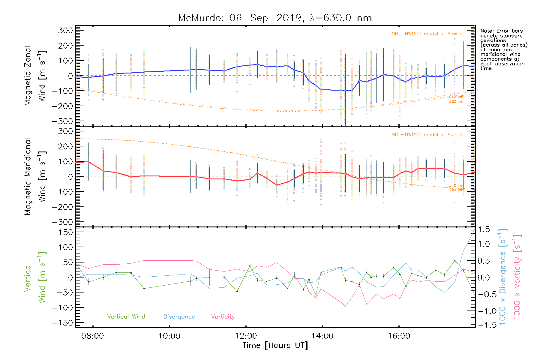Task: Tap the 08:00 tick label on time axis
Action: tap(93, 336)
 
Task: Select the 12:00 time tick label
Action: tap(246, 336)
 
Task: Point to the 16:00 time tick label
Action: tap(399, 336)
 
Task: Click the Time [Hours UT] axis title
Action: tap(275, 345)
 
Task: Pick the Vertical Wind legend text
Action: tap(126, 317)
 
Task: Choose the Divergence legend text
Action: tap(179, 317)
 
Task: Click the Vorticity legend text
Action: tap(223, 317)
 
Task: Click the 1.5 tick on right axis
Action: tap(484, 229)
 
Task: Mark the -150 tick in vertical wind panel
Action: tap(62, 323)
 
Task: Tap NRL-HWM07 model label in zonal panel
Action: tap(427, 34)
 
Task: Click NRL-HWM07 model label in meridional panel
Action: tap(427, 135)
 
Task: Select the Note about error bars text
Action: tap(504, 49)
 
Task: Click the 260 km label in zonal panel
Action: tap(456, 101)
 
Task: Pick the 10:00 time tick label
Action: tap(169, 336)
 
